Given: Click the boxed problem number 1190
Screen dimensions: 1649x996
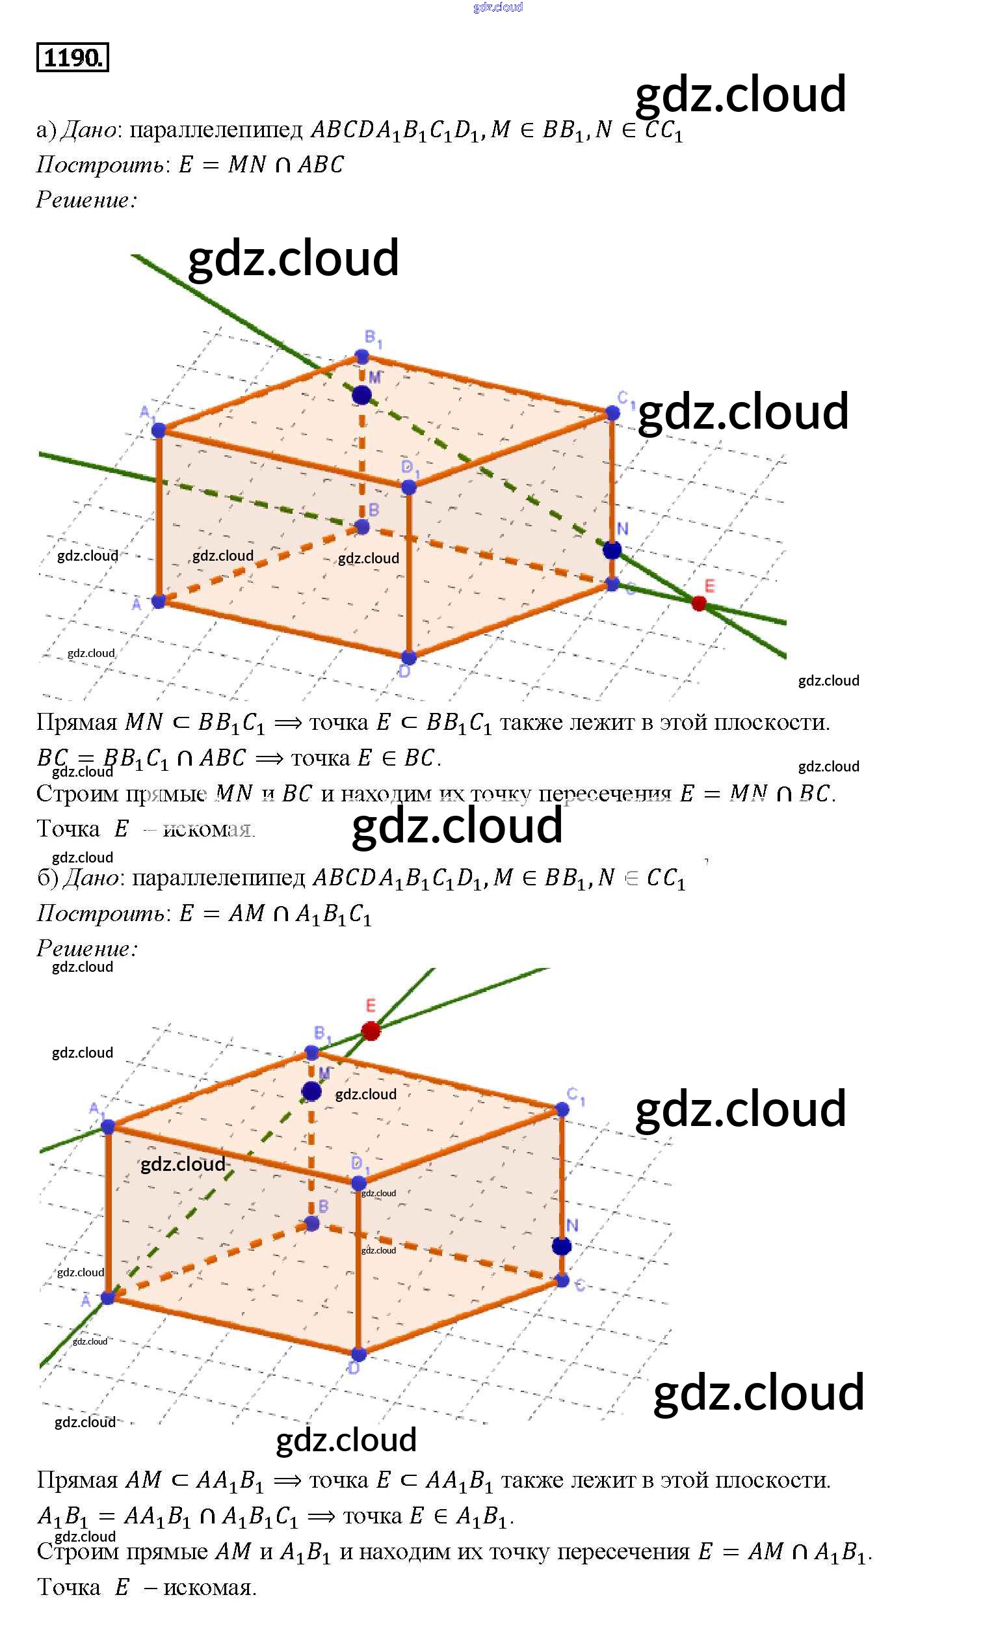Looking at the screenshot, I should [72, 57].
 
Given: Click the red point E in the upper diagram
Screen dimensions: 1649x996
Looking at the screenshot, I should [698, 603].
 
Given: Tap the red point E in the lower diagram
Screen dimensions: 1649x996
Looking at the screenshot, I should [371, 1030].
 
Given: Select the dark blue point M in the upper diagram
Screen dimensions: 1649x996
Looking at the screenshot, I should [361, 395].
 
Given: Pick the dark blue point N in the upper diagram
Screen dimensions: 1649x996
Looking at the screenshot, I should [611, 550].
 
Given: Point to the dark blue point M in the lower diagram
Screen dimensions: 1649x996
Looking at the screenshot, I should [311, 1092].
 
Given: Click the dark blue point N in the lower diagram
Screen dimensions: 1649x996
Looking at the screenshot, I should [561, 1246].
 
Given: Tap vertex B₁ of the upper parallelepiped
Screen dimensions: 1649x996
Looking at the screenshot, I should [362, 356].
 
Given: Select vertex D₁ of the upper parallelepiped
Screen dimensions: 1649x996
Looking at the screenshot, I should [409, 487].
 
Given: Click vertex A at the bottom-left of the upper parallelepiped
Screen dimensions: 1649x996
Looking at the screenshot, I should [159, 601].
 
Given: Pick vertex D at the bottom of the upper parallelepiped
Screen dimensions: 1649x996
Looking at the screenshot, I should [409, 657].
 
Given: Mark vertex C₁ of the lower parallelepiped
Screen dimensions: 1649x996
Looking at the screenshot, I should [562, 1110].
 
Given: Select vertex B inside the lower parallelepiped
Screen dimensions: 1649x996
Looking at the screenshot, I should [311, 1224].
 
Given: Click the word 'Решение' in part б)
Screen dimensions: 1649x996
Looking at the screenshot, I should [85, 948].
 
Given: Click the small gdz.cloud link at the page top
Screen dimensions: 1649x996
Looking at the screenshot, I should [497, 7].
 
